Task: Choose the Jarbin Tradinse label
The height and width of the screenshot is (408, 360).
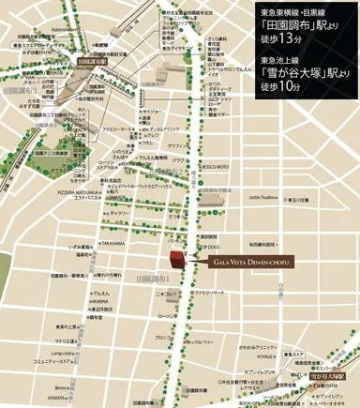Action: [264, 198]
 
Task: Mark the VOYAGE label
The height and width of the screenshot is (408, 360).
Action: [265, 357]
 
